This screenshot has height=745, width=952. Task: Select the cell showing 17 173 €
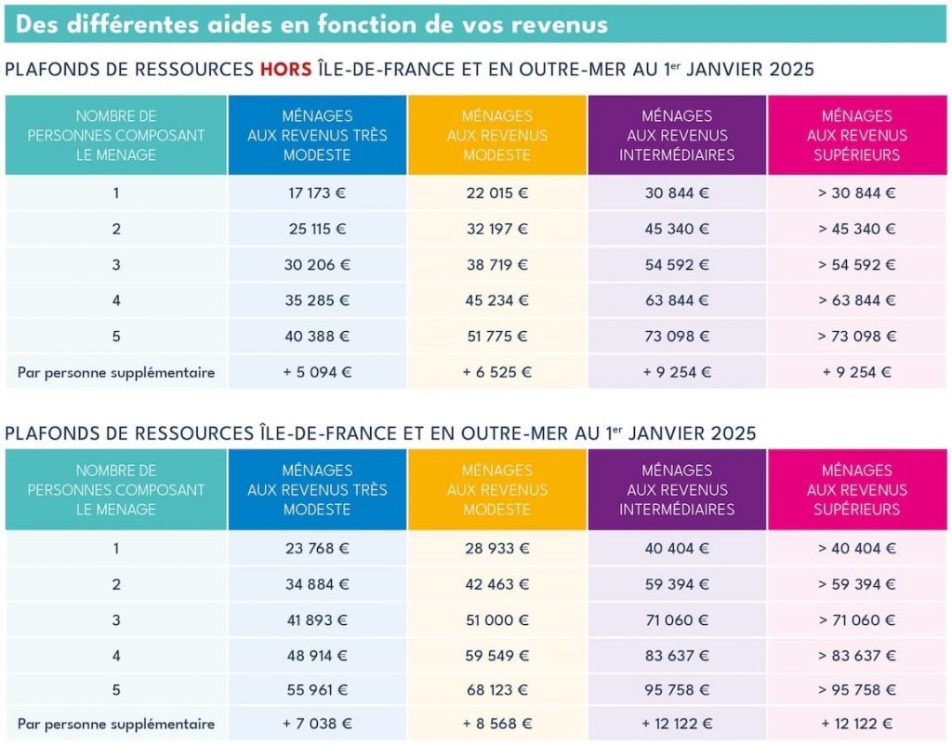pyautogui.click(x=317, y=193)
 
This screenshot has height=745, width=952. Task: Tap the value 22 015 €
pyautogui.click(x=496, y=193)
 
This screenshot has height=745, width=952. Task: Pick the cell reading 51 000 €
pyautogui.click(x=496, y=619)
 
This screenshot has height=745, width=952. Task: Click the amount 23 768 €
pyautogui.click(x=317, y=549)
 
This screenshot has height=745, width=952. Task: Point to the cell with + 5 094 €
pyautogui.click(x=317, y=372)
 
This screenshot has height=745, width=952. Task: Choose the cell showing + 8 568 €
pyautogui.click(x=496, y=724)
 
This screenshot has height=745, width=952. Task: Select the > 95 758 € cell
pyautogui.click(x=856, y=690)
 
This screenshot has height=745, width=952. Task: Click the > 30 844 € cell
pyautogui.click(x=856, y=193)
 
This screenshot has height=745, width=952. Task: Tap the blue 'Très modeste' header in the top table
pyautogui.click(x=317, y=135)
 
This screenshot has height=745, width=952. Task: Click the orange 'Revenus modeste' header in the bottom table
pyautogui.click(x=496, y=489)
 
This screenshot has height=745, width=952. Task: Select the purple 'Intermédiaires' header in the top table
pyautogui.click(x=677, y=135)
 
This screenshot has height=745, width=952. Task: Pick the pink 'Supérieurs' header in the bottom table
pyautogui.click(x=856, y=489)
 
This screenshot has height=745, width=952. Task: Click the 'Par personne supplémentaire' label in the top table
pyautogui.click(x=116, y=372)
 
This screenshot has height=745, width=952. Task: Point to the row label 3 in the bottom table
pyautogui.click(x=116, y=619)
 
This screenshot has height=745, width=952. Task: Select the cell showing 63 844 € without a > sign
pyautogui.click(x=677, y=300)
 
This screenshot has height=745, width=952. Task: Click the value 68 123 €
pyautogui.click(x=496, y=690)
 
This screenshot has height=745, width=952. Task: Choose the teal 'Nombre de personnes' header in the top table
pyautogui.click(x=116, y=135)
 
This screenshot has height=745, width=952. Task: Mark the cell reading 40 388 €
pyautogui.click(x=317, y=336)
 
